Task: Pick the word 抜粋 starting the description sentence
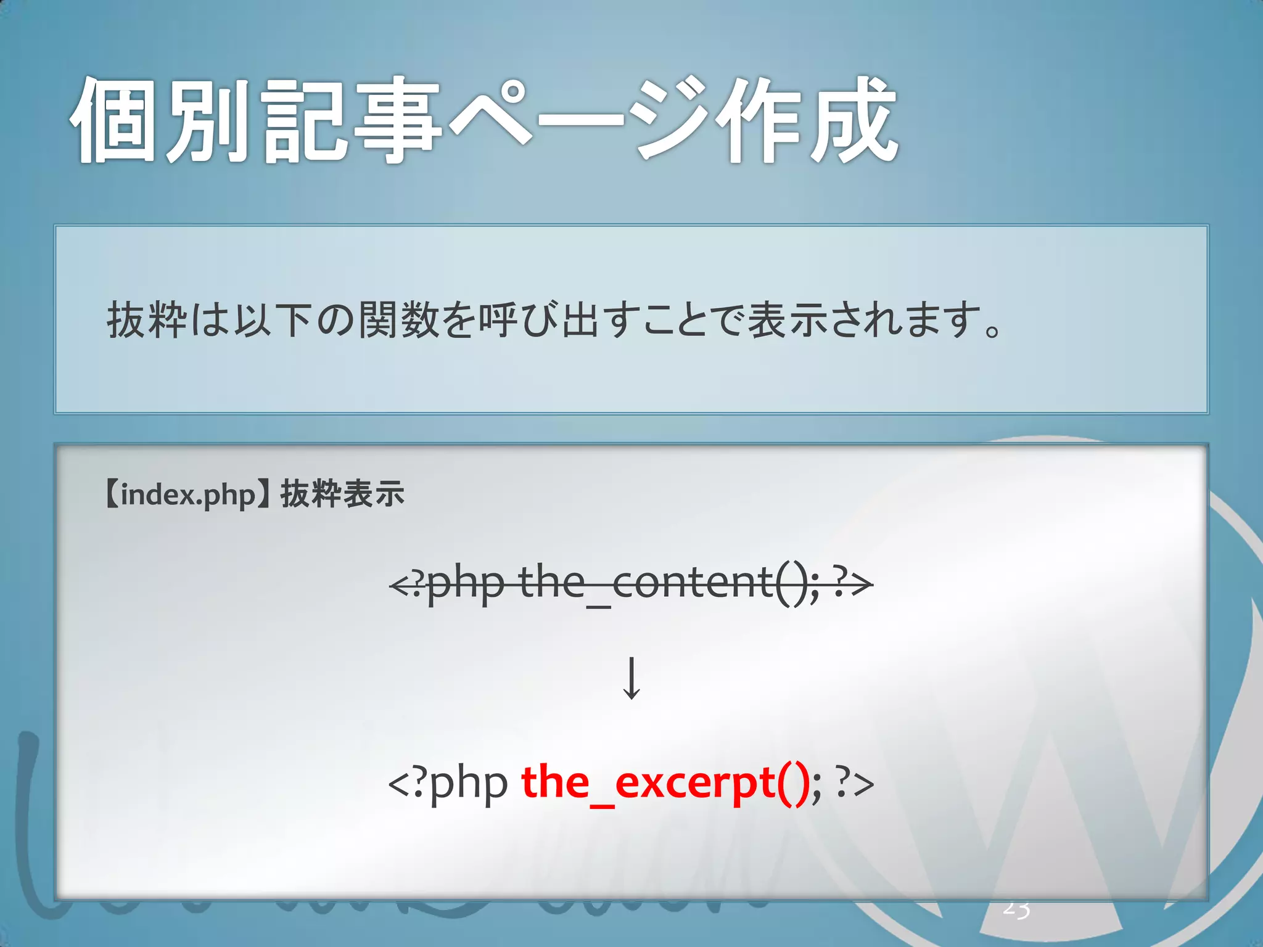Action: (x=147, y=321)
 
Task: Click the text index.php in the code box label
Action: (x=187, y=495)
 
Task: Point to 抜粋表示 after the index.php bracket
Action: (x=342, y=494)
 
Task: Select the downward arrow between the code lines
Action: (x=631, y=678)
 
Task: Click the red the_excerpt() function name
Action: (x=665, y=783)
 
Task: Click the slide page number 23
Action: (x=1016, y=909)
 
